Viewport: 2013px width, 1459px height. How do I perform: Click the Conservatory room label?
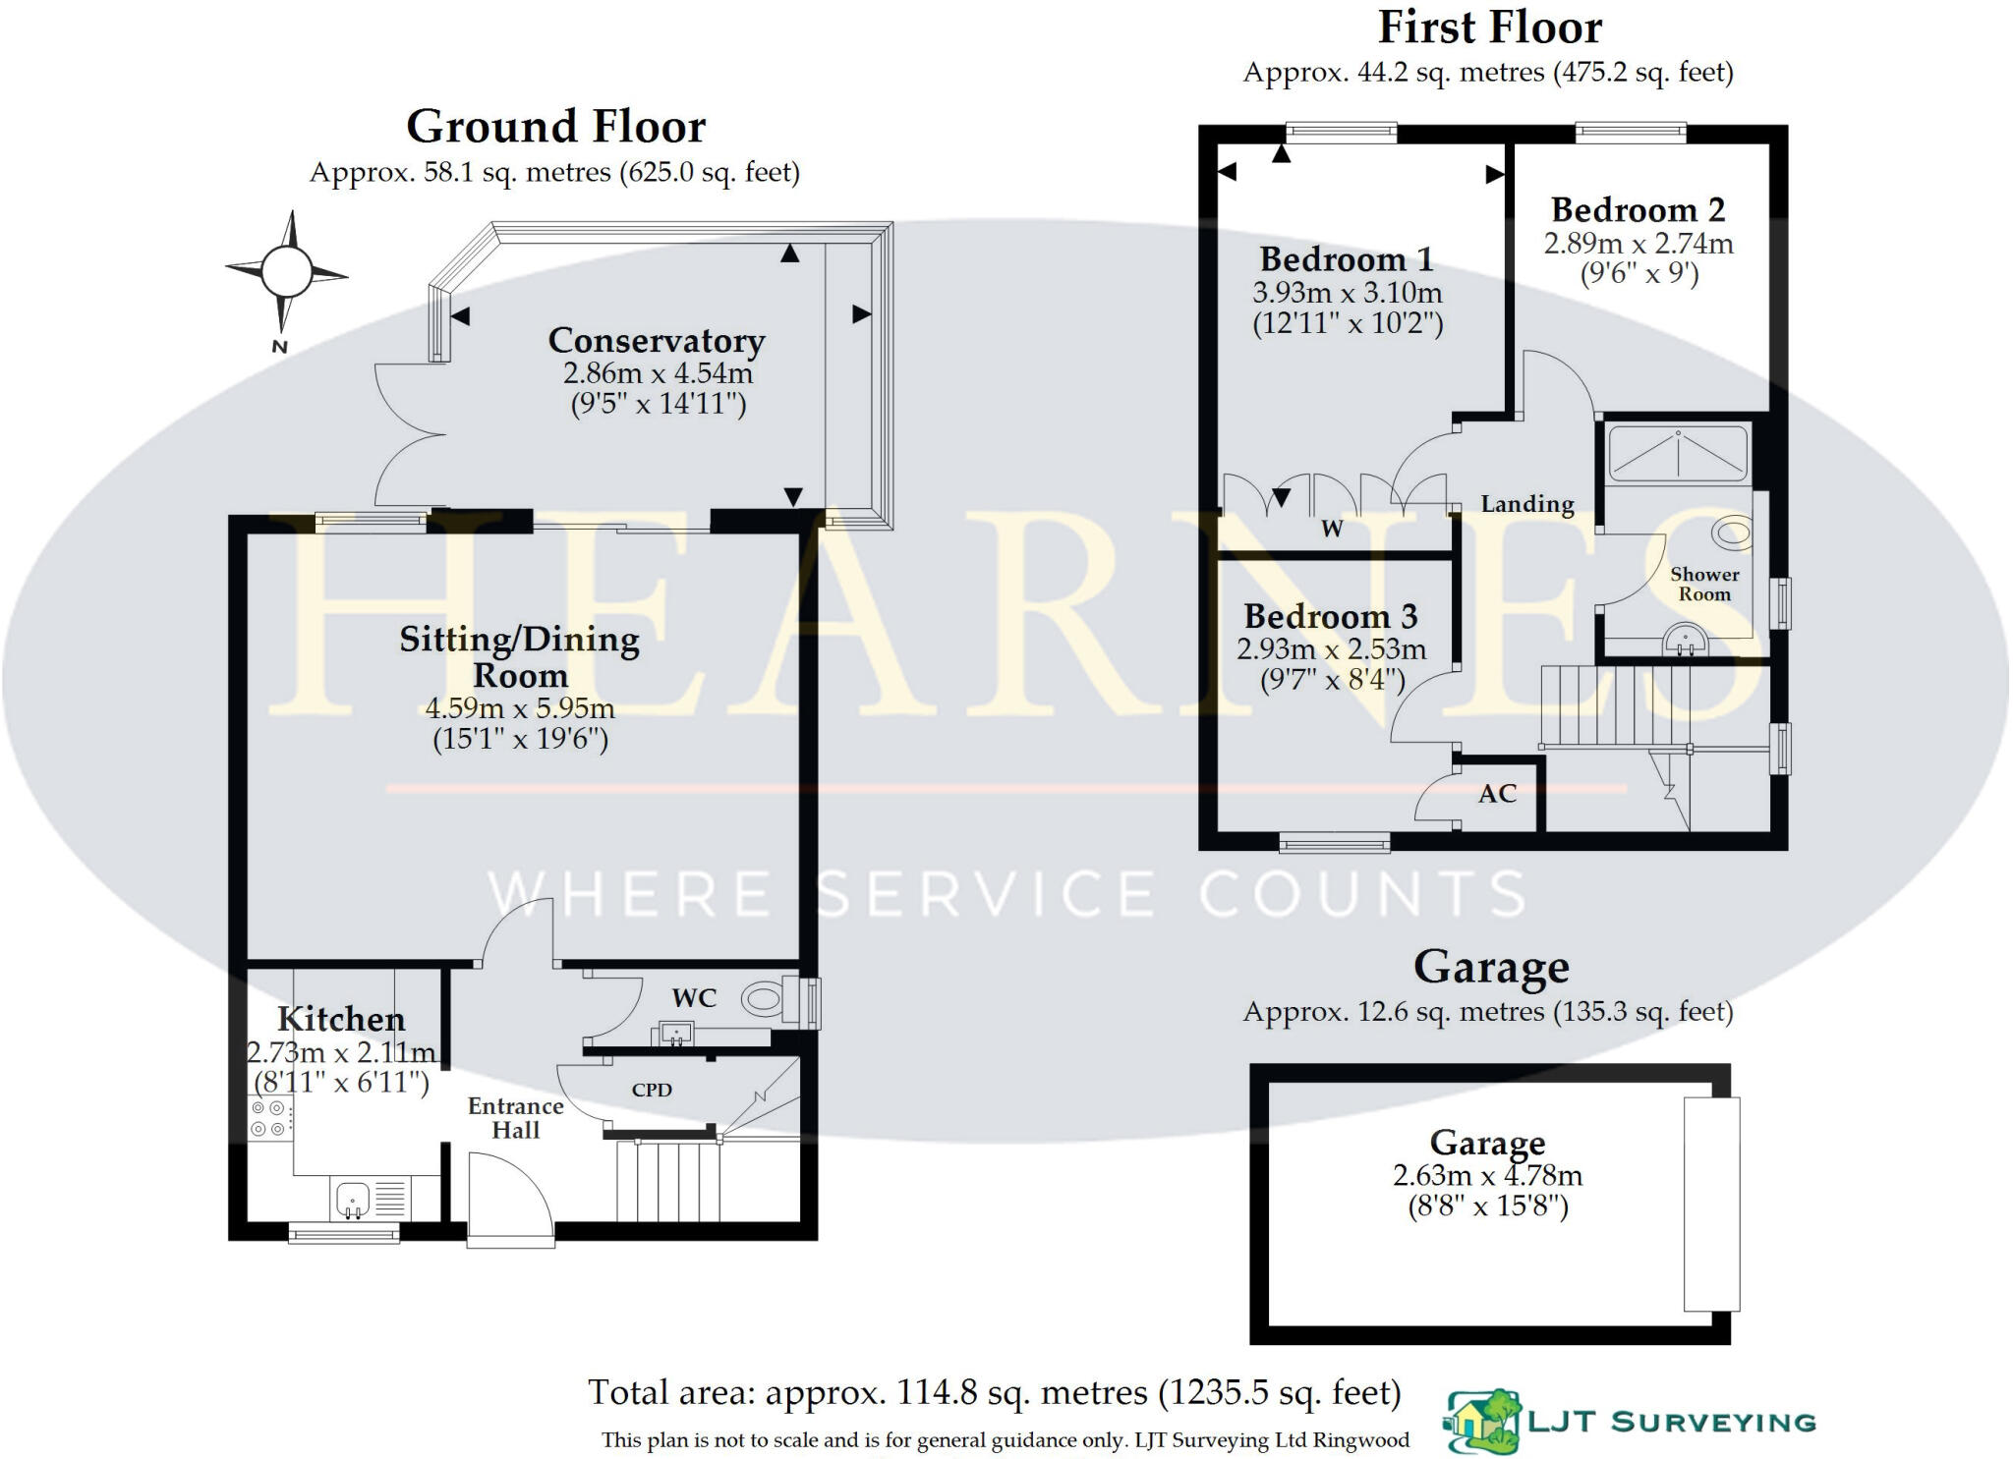pyautogui.click(x=656, y=341)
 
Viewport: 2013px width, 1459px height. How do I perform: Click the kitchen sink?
pyautogui.click(x=352, y=1199)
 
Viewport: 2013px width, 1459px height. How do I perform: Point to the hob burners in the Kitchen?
pyautogui.click(x=268, y=1119)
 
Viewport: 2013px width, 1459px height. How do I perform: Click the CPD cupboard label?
pyautogui.click(x=652, y=1090)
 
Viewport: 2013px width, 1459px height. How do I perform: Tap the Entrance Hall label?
pyautogui.click(x=515, y=1118)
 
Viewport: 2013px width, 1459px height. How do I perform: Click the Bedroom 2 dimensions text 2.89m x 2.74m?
pyautogui.click(x=1638, y=244)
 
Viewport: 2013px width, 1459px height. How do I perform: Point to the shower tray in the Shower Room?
pyautogui.click(x=1678, y=454)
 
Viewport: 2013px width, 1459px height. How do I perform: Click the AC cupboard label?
pyautogui.click(x=1497, y=794)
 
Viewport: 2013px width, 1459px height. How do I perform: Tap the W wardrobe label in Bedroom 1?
pyautogui.click(x=1332, y=530)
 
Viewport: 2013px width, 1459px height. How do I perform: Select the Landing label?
pyautogui.click(x=1526, y=504)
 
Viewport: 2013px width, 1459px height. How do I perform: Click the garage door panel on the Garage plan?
pyautogui.click(x=1711, y=1205)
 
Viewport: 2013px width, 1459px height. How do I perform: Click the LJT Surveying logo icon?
pyautogui.click(x=1482, y=1421)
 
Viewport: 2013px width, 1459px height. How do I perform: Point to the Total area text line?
pyautogui.click(x=994, y=1392)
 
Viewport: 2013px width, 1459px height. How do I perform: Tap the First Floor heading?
pyautogui.click(x=1489, y=28)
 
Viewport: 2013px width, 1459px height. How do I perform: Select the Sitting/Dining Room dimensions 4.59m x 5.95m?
pyautogui.click(x=519, y=708)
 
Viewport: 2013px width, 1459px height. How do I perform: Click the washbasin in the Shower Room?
pyautogui.click(x=1685, y=644)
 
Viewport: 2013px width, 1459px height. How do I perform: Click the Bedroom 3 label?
pyautogui.click(x=1330, y=617)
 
